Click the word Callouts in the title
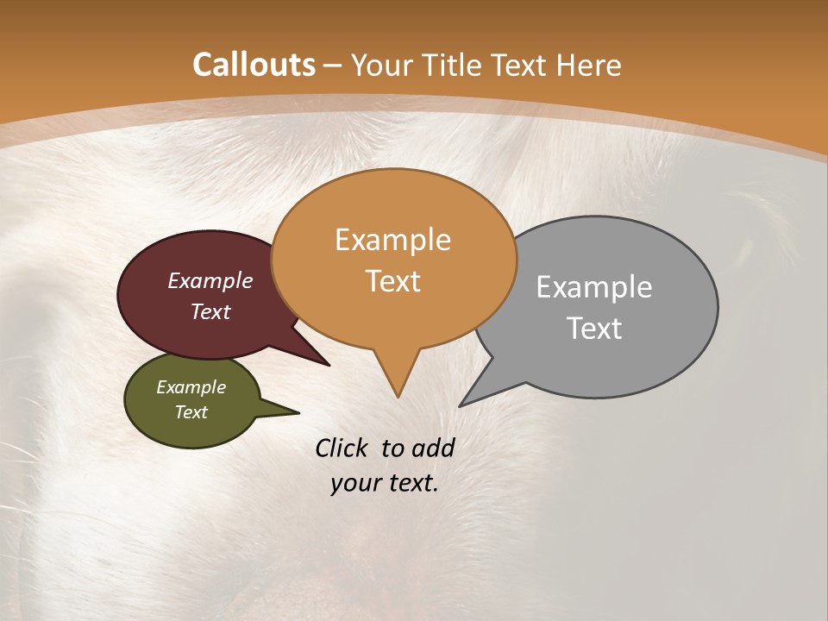[254, 65]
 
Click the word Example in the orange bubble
[392, 240]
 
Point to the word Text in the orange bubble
[392, 281]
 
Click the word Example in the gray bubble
[594, 287]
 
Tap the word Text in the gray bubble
[594, 329]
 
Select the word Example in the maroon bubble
[210, 281]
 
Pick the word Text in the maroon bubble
[210, 311]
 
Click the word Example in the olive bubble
[191, 387]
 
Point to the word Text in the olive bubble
[191, 412]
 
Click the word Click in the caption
[344, 448]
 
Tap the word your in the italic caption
[355, 483]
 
